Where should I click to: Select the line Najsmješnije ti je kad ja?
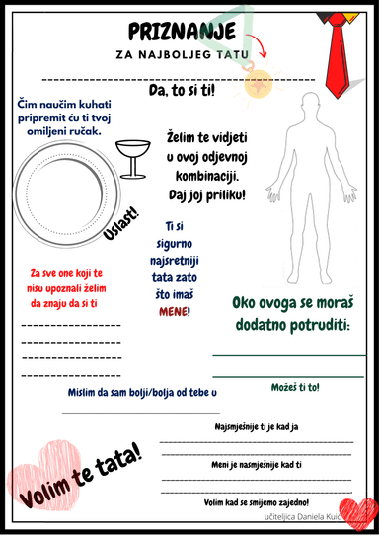pyautogui.click(x=258, y=428)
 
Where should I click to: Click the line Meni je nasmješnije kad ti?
pyautogui.click(x=258, y=464)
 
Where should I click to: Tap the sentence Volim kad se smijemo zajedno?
pyautogui.click(x=258, y=501)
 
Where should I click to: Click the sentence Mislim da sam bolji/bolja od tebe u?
pyautogui.click(x=142, y=393)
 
